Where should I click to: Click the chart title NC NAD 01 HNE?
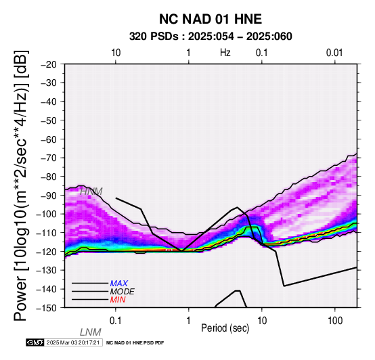pyautogui.click(x=211, y=19)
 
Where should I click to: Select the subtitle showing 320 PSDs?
pyautogui.click(x=211, y=37)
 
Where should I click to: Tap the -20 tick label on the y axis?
pyautogui.click(x=49, y=64)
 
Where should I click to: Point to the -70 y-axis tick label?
pyautogui.click(x=49, y=158)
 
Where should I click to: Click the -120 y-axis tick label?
pyautogui.click(x=47, y=252)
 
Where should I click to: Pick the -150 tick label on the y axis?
pyautogui.click(x=47, y=308)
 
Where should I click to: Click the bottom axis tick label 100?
pyautogui.click(x=335, y=321)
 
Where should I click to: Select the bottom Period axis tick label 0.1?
pyautogui.click(x=116, y=321)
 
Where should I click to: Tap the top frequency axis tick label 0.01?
pyautogui.click(x=335, y=53)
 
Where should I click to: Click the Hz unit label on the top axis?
pyautogui.click(x=225, y=53)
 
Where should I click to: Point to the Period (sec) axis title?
pyautogui.click(x=225, y=328)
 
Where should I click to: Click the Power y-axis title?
pyautogui.click(x=21, y=185)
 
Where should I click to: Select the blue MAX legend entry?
pyautogui.click(x=119, y=284)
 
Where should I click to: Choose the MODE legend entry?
pyautogui.click(x=123, y=292)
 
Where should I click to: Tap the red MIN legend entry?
pyautogui.click(x=118, y=300)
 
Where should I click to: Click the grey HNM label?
pyautogui.click(x=91, y=192)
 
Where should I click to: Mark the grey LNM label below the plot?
pyautogui.click(x=91, y=332)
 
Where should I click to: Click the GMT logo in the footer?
pyautogui.click(x=35, y=342)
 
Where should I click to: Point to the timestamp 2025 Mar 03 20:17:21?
pyautogui.click(x=73, y=342)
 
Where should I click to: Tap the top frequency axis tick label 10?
pyautogui.click(x=116, y=53)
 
